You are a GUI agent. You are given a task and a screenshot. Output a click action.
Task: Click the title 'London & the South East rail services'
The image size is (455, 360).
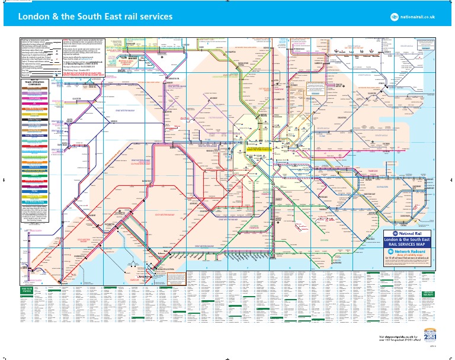(96, 17)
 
